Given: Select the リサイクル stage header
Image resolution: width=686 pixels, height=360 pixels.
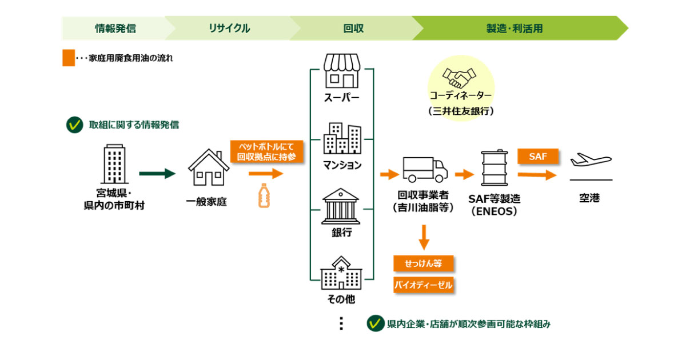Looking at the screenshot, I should coord(229,28).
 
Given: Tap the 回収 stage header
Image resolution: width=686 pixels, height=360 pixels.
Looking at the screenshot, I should coord(353,28).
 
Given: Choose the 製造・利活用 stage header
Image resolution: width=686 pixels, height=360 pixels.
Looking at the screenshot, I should coord(514,28).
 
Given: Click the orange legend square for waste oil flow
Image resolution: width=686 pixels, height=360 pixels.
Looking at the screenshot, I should coord(69,58).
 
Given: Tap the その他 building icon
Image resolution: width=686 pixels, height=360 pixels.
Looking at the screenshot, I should coord(341,273).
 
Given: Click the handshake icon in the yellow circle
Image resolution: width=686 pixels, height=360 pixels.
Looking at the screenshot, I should coord(460,77).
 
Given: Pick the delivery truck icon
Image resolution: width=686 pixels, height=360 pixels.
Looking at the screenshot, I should coord(423,169).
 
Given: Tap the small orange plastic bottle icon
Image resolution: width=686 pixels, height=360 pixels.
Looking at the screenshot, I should coord(264,195).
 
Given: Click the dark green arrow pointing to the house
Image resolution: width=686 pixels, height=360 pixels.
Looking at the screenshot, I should coord(157,174).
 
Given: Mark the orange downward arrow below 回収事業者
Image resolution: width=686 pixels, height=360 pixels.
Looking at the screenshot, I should coord(424,237).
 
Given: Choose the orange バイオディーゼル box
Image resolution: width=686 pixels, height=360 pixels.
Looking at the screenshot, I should coord(423,285).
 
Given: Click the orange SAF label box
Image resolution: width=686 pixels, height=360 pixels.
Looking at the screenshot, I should coord(537,156).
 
